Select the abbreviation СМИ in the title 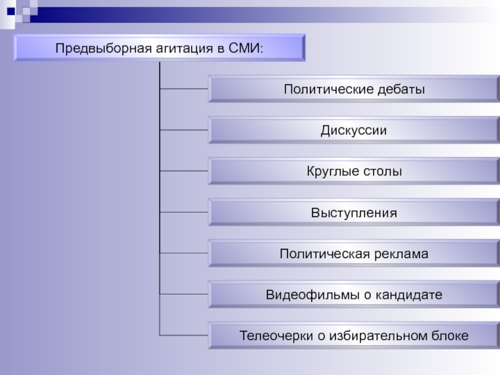pyautogui.click(x=247, y=48)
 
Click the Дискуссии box pyautogui.click(x=354, y=131)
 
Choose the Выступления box pyautogui.click(x=354, y=213)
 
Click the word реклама pyautogui.click(x=399, y=254)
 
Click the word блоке pyautogui.click(x=449, y=336)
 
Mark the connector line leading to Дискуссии pyautogui.click(x=184, y=130)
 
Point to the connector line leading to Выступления pyautogui.click(x=184, y=212)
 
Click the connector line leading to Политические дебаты pyautogui.click(x=184, y=89)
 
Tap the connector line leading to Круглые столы pyautogui.click(x=184, y=171)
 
